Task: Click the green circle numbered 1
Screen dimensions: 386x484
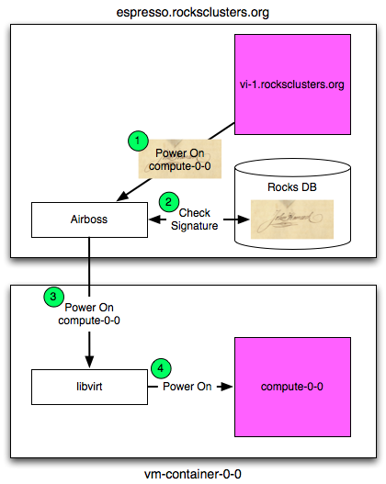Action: (x=138, y=141)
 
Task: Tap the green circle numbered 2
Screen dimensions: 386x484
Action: (x=168, y=202)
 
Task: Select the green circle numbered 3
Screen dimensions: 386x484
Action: (x=53, y=297)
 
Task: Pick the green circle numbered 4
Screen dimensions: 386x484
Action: (x=161, y=368)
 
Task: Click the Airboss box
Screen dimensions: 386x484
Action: (x=89, y=219)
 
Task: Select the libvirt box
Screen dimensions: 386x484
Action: (x=89, y=387)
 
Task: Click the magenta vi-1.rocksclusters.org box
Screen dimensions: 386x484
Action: (x=292, y=84)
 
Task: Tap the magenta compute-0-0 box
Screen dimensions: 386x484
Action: (x=292, y=387)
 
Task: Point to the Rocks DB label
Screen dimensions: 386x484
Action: (x=292, y=187)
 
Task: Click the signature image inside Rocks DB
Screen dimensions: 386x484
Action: (x=292, y=219)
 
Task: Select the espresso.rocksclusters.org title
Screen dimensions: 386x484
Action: (x=193, y=12)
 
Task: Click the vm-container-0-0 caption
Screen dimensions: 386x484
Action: (x=193, y=474)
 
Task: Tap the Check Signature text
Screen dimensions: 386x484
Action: (x=195, y=219)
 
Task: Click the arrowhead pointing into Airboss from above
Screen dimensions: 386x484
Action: (x=122, y=197)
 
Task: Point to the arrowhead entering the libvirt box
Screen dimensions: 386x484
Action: (x=89, y=362)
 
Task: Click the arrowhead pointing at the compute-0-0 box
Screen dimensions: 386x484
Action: (x=227, y=387)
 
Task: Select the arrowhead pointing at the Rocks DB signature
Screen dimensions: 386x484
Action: (x=243, y=219)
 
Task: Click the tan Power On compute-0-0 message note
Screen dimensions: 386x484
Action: (x=180, y=159)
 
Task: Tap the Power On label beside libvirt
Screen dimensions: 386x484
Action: (x=187, y=387)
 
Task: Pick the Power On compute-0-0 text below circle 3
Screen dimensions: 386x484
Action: (x=89, y=314)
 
